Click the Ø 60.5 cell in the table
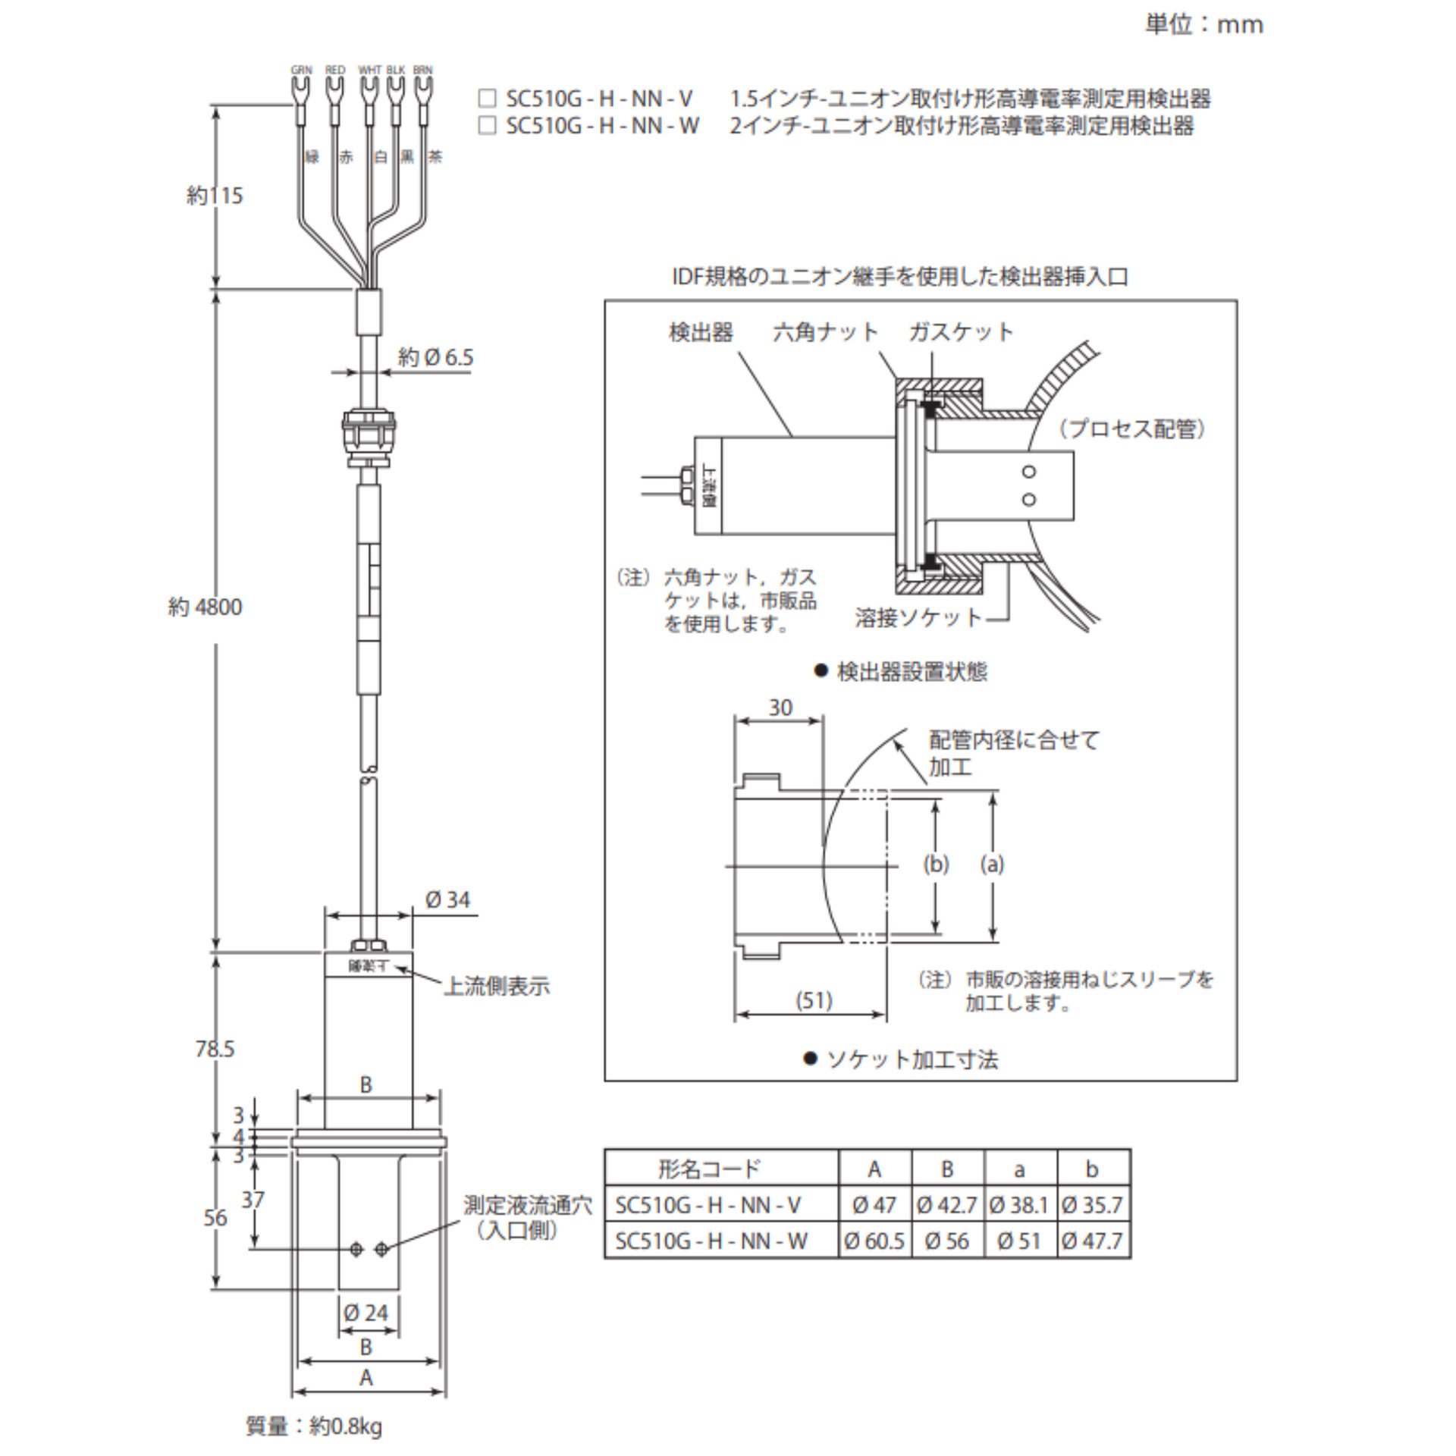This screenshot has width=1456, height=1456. [874, 1241]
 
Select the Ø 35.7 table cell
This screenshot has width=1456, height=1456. [1092, 1205]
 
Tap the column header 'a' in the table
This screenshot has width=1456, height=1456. [1019, 1169]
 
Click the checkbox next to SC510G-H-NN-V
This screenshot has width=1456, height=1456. [486, 99]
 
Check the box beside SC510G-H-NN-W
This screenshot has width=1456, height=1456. [486, 125]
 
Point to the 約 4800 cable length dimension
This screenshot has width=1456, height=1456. [205, 607]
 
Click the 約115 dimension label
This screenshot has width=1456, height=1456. [215, 196]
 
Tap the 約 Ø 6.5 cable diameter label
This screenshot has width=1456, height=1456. [435, 357]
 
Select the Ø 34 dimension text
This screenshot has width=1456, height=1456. [447, 900]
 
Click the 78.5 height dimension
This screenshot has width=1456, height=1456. [215, 1049]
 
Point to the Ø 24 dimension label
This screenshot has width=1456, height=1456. [366, 1313]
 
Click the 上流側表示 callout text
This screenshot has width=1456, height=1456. [497, 986]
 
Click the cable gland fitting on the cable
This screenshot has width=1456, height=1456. [369, 438]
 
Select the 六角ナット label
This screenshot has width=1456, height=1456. [825, 332]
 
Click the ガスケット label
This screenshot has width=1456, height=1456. [961, 332]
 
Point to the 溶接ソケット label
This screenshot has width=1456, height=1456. [918, 617]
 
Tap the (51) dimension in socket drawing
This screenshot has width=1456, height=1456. [814, 1000]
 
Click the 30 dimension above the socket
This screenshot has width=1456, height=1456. [780, 708]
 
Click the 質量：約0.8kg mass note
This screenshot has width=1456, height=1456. [314, 1426]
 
